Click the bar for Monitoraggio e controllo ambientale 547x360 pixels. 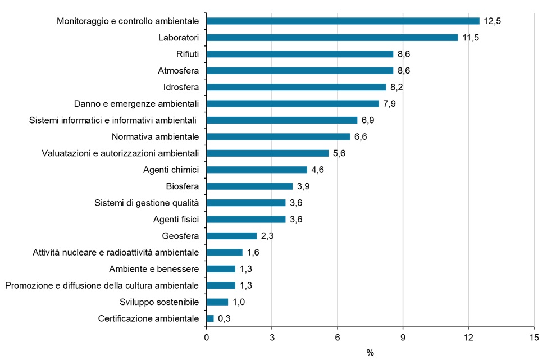coord(343,21)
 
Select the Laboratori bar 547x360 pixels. coord(332,38)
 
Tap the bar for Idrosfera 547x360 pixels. coord(296,87)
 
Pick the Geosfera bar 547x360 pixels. coord(231,236)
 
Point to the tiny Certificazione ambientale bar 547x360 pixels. coord(210,318)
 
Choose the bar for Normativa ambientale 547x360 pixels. coord(279,136)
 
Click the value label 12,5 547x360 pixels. coord(493,21)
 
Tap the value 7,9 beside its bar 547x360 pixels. coord(390,103)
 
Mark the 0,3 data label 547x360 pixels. coord(225,318)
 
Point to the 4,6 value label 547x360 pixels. coord(318,170)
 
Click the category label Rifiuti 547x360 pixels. coord(188,54)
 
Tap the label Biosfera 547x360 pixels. coord(183,186)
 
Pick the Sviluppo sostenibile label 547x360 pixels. coord(159,302)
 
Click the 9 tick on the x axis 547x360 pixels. coord(403,337)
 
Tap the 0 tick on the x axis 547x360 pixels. coord(207,337)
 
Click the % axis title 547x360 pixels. coord(370,352)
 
